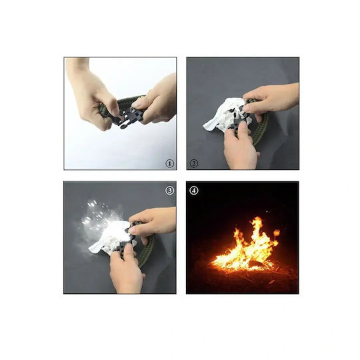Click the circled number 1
pyautogui.click(x=170, y=164)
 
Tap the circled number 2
pyautogui.click(x=194, y=164)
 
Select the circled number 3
pyautogui.click(x=170, y=191)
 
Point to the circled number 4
pyautogui.click(x=194, y=191)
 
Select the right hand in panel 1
pyautogui.click(x=156, y=101)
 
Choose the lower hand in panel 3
pyautogui.click(x=126, y=271)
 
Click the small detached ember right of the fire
pyautogui.click(x=277, y=233)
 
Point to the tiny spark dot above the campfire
pyautogui.click(x=267, y=211)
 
